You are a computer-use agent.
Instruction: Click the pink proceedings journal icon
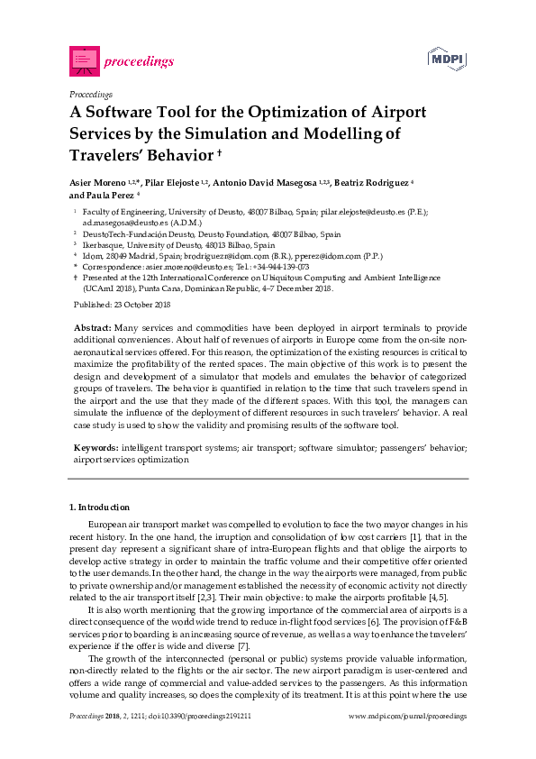83,60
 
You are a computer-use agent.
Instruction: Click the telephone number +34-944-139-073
282,267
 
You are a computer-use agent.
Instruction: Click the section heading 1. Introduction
100,508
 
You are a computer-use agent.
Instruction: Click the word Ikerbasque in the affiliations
106,244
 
